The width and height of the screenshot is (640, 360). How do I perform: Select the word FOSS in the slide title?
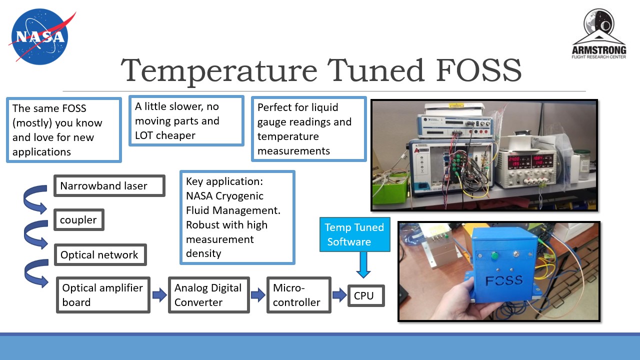click(478, 70)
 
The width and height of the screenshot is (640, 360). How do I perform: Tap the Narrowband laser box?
click(109, 186)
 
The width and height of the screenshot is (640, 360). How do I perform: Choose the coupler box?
click(79, 220)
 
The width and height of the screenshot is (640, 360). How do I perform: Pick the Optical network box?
click(100, 255)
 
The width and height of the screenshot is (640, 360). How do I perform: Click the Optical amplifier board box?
click(102, 295)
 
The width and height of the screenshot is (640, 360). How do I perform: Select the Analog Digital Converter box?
click(208, 295)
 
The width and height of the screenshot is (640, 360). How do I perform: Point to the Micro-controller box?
click(298, 295)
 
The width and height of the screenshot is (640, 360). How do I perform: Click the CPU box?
click(365, 295)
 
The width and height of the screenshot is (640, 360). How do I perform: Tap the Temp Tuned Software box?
click(354, 234)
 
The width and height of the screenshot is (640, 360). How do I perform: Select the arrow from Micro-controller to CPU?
click(339, 295)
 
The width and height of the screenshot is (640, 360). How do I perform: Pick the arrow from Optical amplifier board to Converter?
click(159, 295)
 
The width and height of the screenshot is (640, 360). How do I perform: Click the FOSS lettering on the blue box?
click(503, 280)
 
